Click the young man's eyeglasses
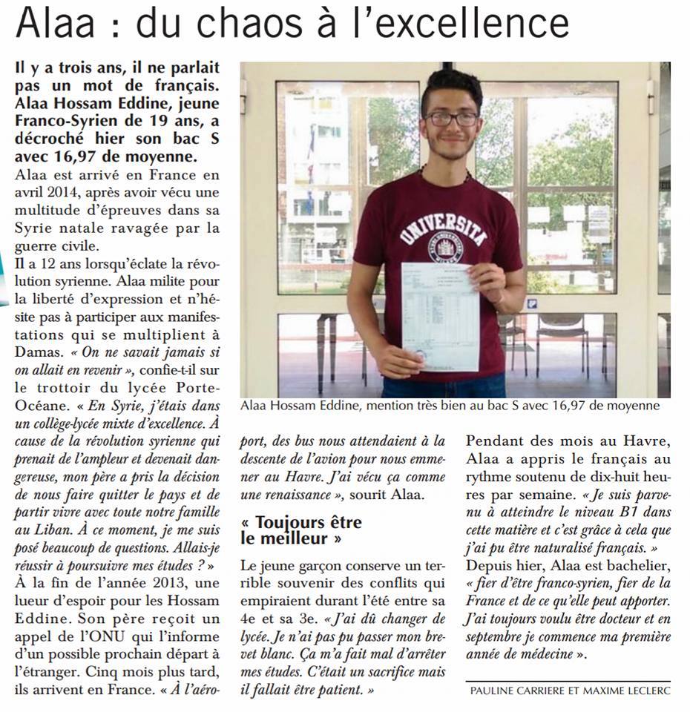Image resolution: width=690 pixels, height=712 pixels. (452, 119)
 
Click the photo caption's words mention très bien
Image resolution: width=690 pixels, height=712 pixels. (411, 406)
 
